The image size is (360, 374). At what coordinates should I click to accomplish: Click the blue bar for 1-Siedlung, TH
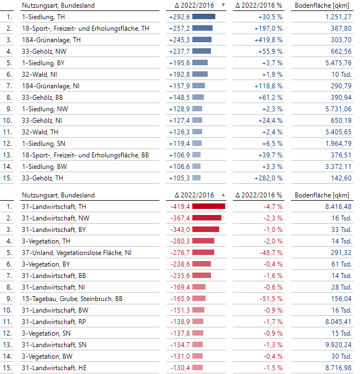pyautogui.click(x=204, y=16)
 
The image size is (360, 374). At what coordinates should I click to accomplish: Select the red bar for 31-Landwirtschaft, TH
pyautogui.click(x=209, y=206)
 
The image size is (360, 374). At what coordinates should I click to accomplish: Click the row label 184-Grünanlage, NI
pyautogui.click(x=50, y=86)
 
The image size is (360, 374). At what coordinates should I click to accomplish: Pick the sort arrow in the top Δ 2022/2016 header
pyautogui.click(x=223, y=5)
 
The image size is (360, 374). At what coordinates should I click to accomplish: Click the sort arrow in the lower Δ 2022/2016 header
pyautogui.click(x=223, y=195)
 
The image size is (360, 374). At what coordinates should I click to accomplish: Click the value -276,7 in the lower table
pyautogui.click(x=180, y=252)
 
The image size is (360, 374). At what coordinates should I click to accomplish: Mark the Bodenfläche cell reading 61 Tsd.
pyautogui.click(x=340, y=264)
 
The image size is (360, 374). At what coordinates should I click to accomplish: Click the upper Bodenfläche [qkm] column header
pyautogui.click(x=322, y=5)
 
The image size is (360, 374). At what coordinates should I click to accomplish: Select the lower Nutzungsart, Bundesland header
pyautogui.click(x=58, y=195)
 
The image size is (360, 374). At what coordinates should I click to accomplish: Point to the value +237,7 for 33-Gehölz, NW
pyautogui.click(x=180, y=51)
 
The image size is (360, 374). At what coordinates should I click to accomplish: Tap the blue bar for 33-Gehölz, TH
pyautogui.click(x=196, y=178)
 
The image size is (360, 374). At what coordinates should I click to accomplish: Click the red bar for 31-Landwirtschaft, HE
pyautogui.click(x=197, y=367)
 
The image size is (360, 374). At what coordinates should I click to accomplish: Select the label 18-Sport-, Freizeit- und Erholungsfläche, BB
pyautogui.click(x=85, y=155)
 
